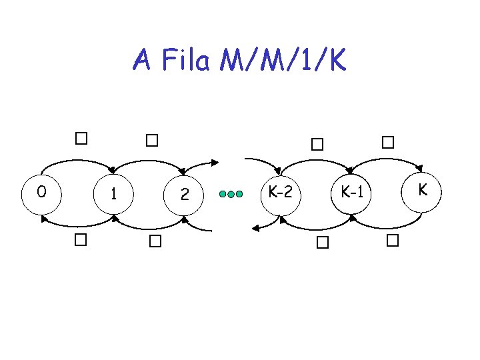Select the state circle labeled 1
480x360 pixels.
point(115,195)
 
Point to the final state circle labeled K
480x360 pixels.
point(421,191)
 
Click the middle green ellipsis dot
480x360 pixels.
point(231,195)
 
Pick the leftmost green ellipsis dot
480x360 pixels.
point(223,195)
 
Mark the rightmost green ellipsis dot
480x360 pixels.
point(239,195)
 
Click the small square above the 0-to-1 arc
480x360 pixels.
point(81,139)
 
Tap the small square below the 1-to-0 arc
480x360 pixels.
point(81,239)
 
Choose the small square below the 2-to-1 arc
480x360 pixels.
point(155,241)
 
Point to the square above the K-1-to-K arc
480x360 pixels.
point(388,142)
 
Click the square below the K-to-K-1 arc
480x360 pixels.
point(391,241)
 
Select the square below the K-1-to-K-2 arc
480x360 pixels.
point(323,243)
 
